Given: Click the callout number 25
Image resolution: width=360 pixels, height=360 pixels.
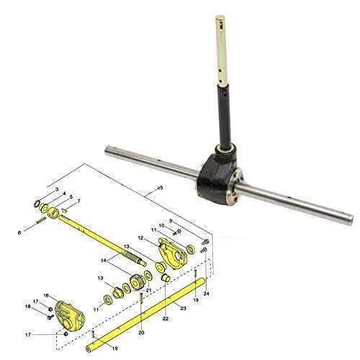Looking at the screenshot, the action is coord(160,187).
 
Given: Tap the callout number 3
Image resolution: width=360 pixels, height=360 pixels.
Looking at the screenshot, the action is coord(57,189).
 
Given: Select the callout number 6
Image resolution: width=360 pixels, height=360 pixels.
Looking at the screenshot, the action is coord(19,233).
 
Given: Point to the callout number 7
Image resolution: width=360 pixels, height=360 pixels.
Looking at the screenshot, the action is coord(78,201).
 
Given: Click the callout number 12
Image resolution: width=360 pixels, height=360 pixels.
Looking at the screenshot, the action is coord(141,238).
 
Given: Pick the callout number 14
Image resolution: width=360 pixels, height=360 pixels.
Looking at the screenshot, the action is coord(103,261).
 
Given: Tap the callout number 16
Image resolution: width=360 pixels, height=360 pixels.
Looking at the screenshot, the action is coord(46,295).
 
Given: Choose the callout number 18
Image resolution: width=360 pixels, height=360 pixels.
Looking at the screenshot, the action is coord(28,307).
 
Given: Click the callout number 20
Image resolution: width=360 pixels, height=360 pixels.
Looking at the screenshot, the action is coord(142,333).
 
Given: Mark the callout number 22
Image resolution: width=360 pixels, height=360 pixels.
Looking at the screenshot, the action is coord(166,319).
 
